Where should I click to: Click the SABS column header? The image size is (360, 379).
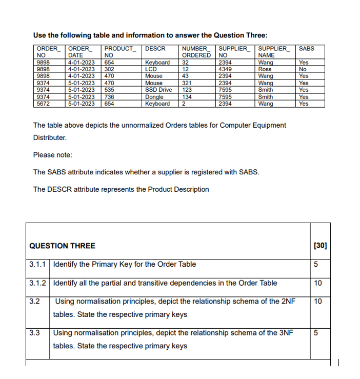(x=306, y=49)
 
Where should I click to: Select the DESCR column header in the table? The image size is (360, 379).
(x=155, y=49)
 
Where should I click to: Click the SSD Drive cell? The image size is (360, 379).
(x=158, y=90)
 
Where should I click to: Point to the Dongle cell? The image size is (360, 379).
(x=154, y=96)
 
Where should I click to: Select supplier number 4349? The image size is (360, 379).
(x=225, y=69)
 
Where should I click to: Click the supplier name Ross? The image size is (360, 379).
(x=265, y=69)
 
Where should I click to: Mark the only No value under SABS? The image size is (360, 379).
(x=303, y=69)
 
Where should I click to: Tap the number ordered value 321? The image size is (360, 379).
(x=187, y=83)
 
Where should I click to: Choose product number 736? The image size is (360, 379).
(x=109, y=96)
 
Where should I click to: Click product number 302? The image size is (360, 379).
(x=109, y=69)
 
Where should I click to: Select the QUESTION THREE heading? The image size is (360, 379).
(x=62, y=246)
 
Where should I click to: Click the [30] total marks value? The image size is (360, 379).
(x=319, y=246)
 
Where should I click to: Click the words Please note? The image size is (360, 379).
(x=53, y=155)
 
